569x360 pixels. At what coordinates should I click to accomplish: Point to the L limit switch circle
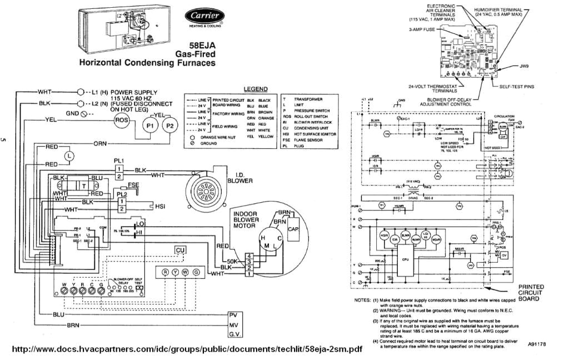pyautogui.click(x=69, y=156)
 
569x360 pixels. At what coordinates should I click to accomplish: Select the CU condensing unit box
pyautogui.click(x=180, y=250)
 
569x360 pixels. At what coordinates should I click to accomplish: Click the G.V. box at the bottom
pyautogui.click(x=236, y=334)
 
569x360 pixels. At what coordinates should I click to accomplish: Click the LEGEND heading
pyautogui.click(x=256, y=89)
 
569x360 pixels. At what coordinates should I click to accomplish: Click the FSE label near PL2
pyautogui.click(x=133, y=184)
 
